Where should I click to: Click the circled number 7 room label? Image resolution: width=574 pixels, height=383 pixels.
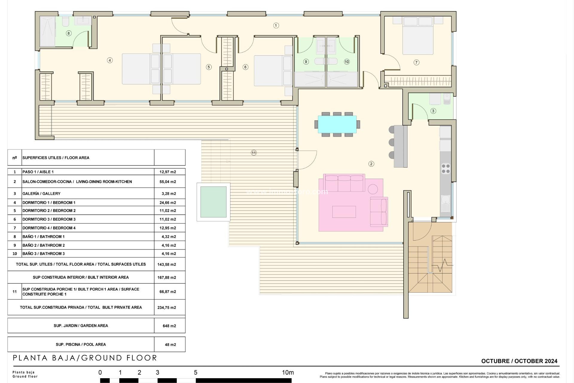[416, 62]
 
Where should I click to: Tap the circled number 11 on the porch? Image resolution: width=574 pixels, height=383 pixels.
[254, 153]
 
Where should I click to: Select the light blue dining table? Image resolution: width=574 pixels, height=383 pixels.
[337, 124]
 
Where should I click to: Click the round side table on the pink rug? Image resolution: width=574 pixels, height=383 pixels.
[373, 189]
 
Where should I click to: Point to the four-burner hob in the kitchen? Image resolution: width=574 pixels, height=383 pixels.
[446, 168]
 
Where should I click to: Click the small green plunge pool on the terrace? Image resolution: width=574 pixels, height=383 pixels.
[213, 202]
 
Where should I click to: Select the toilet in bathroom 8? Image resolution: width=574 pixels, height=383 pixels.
[66, 22]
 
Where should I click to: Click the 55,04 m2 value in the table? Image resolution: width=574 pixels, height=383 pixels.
[168, 182]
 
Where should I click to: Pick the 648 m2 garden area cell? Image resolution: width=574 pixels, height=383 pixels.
[169, 326]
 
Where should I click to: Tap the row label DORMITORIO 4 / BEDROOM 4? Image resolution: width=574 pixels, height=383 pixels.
[49, 228]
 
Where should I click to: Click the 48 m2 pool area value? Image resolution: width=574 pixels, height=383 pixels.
[170, 345]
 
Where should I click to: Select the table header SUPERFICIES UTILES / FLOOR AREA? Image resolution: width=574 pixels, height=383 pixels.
[56, 158]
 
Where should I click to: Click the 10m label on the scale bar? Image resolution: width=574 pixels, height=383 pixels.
[288, 373]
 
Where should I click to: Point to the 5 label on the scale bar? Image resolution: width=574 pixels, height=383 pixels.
[196, 373]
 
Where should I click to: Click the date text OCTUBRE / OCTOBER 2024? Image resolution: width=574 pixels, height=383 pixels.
[519, 361]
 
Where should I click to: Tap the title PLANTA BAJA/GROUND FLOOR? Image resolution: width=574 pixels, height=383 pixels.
[85, 358]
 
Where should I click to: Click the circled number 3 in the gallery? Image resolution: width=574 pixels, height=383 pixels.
[433, 111]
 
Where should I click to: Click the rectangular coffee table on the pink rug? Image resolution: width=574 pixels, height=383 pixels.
[344, 212]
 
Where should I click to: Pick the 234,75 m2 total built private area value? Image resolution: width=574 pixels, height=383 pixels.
[167, 308]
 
